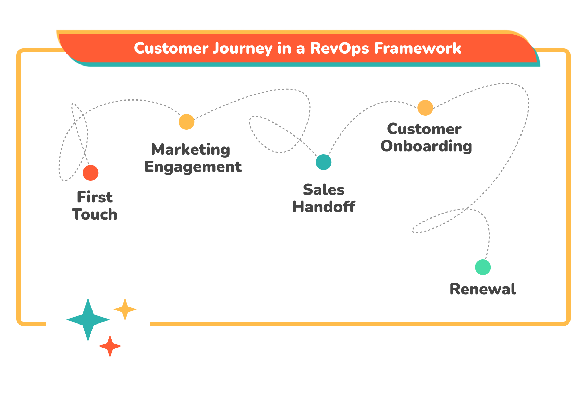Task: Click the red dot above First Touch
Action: tap(90, 173)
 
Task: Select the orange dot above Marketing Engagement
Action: tap(186, 122)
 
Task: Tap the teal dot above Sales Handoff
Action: tap(323, 162)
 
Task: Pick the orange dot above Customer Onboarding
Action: tap(425, 108)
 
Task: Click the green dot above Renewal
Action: tap(483, 267)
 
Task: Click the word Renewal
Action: tap(482, 289)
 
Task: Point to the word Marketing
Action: tap(191, 150)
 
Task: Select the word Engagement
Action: tap(193, 167)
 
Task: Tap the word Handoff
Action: tap(323, 207)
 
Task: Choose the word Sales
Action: tap(323, 190)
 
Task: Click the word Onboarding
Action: tap(426, 146)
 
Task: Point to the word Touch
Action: tap(95, 215)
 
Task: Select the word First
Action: tap(95, 198)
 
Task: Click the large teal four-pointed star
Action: tap(88, 320)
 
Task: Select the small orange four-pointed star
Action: tap(125, 309)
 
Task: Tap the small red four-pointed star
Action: tap(110, 346)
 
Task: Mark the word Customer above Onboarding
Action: tap(424, 129)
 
